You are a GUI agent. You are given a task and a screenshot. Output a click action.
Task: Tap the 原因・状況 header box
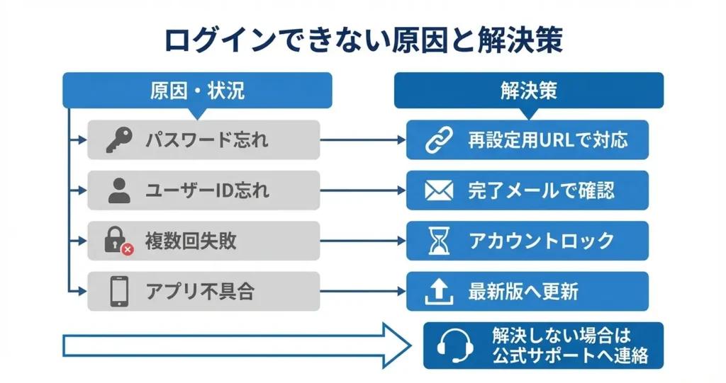197,91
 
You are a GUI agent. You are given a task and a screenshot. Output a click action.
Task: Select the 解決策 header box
528,91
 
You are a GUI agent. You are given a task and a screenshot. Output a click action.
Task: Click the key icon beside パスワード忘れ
118,140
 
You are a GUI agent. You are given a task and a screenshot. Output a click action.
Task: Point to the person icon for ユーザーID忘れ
118,190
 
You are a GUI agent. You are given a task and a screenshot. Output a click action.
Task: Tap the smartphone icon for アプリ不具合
118,291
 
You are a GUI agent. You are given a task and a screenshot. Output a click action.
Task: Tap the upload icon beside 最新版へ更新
436,291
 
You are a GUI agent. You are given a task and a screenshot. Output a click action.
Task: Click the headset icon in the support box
452,345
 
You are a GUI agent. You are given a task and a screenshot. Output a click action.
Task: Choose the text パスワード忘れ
207,140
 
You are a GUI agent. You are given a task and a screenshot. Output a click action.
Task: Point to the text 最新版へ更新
523,291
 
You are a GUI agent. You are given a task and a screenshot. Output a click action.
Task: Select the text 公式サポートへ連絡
570,355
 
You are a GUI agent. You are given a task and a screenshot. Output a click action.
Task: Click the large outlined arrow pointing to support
234,345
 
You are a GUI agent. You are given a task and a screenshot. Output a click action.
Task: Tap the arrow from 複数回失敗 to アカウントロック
362,241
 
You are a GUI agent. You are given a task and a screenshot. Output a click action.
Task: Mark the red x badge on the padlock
128,249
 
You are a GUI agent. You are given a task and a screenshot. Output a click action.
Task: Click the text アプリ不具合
199,291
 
